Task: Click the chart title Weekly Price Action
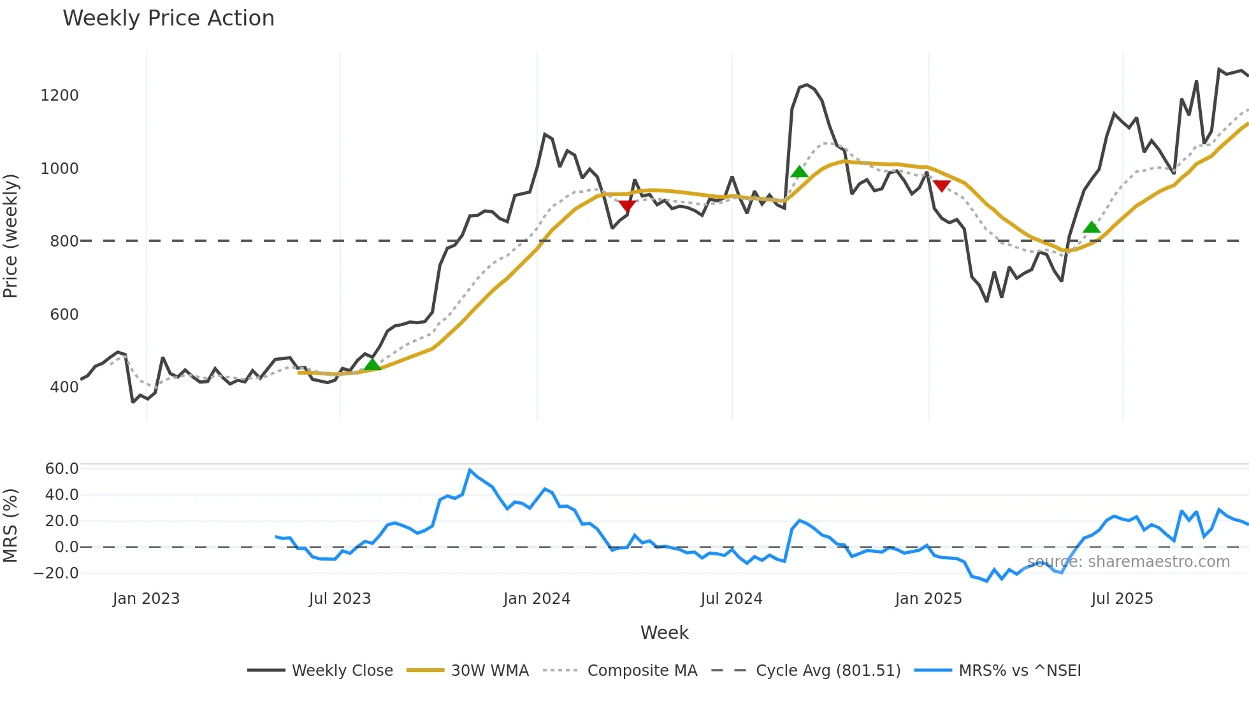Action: click(x=168, y=18)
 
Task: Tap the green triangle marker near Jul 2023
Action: click(x=372, y=364)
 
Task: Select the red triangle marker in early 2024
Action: click(x=627, y=206)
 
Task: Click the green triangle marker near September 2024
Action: click(x=799, y=171)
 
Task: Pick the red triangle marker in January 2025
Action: click(x=942, y=186)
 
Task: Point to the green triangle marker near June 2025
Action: click(x=1092, y=227)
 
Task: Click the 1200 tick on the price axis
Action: click(x=59, y=96)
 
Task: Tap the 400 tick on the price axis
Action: click(x=64, y=387)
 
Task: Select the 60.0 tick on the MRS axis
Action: click(x=61, y=469)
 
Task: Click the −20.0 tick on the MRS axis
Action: click(x=56, y=573)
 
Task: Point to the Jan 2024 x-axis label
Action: click(x=537, y=599)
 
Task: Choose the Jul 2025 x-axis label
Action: click(x=1122, y=599)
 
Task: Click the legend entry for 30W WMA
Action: click(x=489, y=671)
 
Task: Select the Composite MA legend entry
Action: click(x=642, y=671)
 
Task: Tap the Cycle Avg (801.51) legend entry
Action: click(x=828, y=671)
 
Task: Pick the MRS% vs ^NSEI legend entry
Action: click(x=1020, y=671)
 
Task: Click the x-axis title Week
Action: click(x=664, y=633)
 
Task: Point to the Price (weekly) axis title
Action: click(x=11, y=236)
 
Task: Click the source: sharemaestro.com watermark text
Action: click(x=1128, y=562)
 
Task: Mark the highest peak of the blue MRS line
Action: click(x=470, y=470)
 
